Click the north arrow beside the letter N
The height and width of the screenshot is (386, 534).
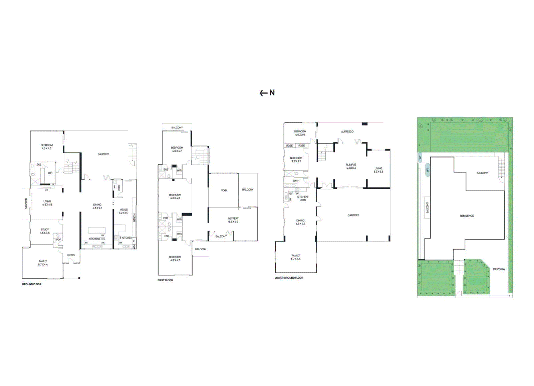point(263,93)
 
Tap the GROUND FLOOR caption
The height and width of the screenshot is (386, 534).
point(32,284)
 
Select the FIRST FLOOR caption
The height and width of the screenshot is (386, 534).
point(165,280)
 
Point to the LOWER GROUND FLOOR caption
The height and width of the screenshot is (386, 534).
point(289,278)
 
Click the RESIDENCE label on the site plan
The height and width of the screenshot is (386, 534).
point(467,216)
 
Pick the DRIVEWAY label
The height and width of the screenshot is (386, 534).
point(499,269)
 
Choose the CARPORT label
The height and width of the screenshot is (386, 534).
point(353,215)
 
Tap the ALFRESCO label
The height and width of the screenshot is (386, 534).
point(347,131)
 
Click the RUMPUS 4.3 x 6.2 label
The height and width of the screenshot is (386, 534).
point(351,166)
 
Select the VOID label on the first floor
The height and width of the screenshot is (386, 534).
point(224,190)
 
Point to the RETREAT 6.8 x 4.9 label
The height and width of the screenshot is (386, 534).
point(233,220)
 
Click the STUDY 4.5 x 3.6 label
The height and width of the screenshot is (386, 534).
point(45,231)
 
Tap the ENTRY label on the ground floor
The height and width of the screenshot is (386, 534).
point(71,255)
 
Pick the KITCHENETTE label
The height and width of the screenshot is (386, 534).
point(97,239)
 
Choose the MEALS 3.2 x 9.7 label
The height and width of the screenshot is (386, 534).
point(123,211)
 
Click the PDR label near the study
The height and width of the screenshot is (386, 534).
point(59,240)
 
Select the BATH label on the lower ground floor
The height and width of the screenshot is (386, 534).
point(296,181)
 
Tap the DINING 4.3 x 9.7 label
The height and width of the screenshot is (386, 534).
point(97,206)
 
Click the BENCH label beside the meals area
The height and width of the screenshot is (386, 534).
point(135,218)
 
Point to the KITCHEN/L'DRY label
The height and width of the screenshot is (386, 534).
point(303,198)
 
